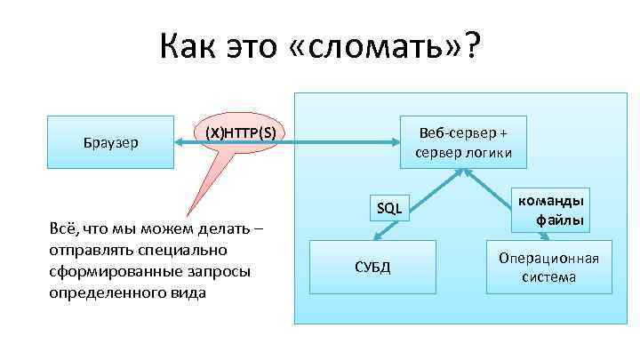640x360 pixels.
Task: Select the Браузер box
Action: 110,141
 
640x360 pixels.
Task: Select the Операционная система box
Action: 548,268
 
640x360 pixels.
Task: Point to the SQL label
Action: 389,209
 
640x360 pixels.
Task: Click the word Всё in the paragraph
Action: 67,231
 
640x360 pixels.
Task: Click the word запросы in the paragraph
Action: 219,270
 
